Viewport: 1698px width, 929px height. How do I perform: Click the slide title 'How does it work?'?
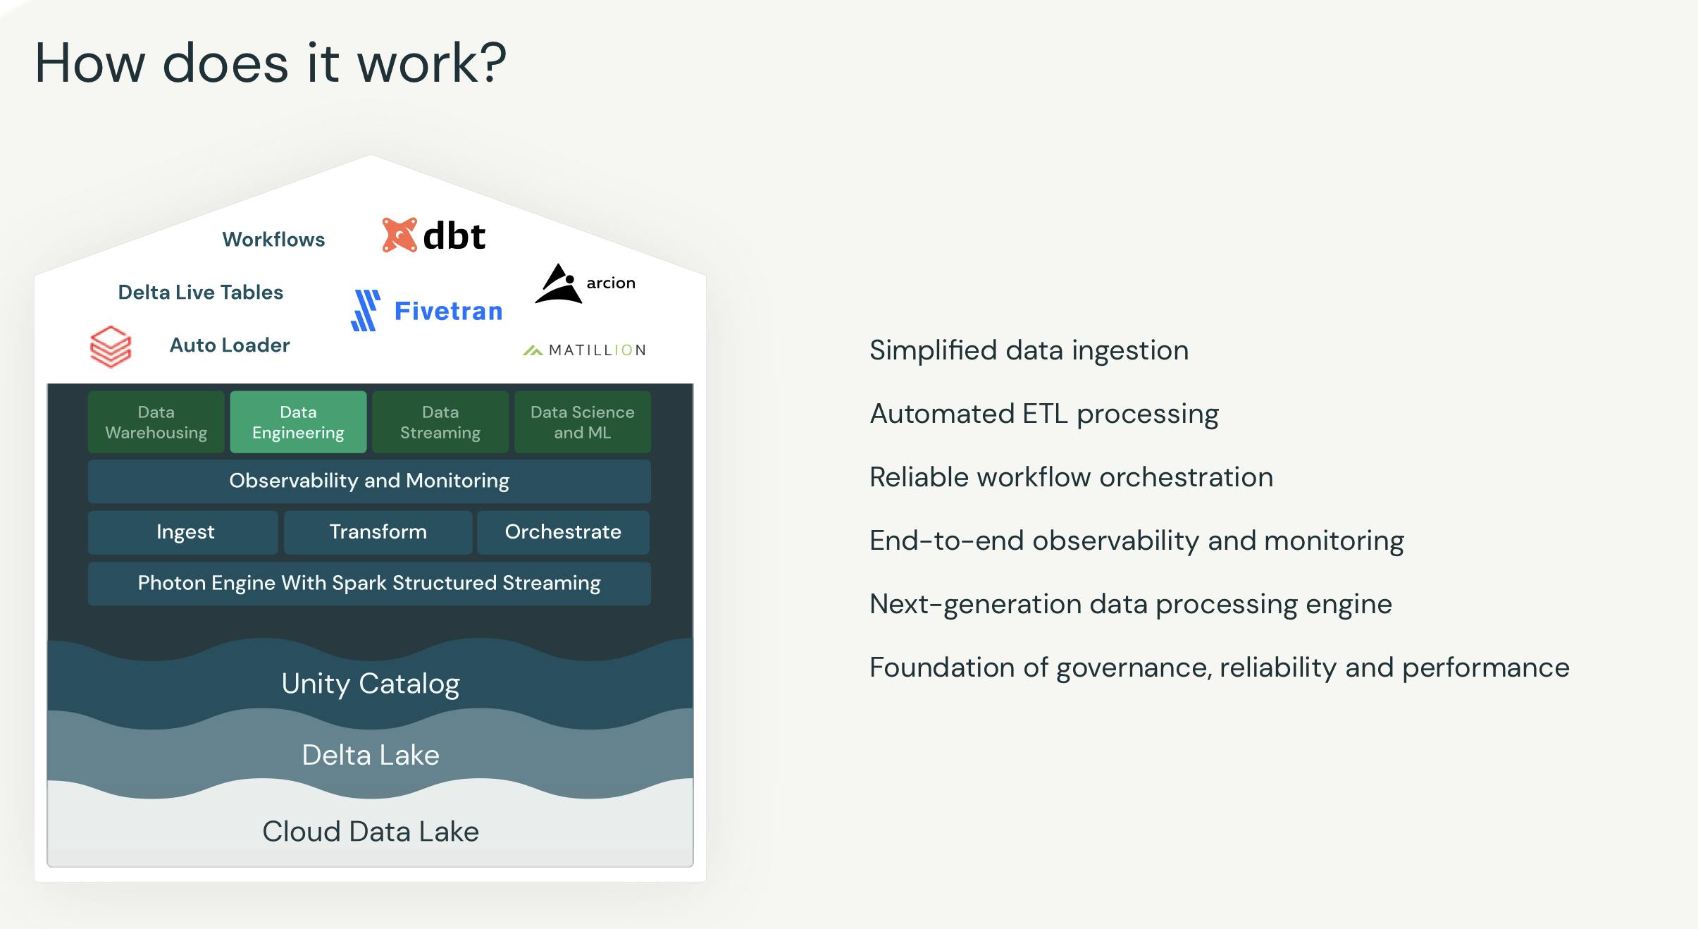[x=271, y=63]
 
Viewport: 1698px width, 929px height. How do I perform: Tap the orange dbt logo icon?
[x=399, y=235]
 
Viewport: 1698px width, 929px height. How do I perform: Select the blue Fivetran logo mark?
[x=366, y=311]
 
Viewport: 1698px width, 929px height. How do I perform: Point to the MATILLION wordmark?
[x=596, y=350]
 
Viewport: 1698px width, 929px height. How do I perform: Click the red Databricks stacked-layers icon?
[x=111, y=346]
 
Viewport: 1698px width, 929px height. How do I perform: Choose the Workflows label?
[x=273, y=240]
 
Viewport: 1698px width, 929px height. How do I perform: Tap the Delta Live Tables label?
[x=200, y=293]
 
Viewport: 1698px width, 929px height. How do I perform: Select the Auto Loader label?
[x=230, y=345]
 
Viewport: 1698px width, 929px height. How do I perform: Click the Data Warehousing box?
[x=156, y=422]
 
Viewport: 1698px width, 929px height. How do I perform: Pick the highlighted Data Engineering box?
[x=298, y=422]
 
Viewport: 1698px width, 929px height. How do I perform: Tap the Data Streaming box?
[x=440, y=422]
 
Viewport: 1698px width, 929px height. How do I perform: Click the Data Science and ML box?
[x=582, y=422]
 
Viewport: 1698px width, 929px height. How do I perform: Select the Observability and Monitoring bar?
[x=369, y=481]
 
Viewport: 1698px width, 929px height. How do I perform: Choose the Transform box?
[x=378, y=532]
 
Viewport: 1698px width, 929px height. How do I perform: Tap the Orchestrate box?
[x=563, y=532]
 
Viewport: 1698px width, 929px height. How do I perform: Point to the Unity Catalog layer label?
[x=371, y=684]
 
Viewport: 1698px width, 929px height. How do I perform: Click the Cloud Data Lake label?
[x=371, y=832]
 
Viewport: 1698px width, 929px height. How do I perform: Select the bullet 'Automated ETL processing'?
[x=1044, y=414]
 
